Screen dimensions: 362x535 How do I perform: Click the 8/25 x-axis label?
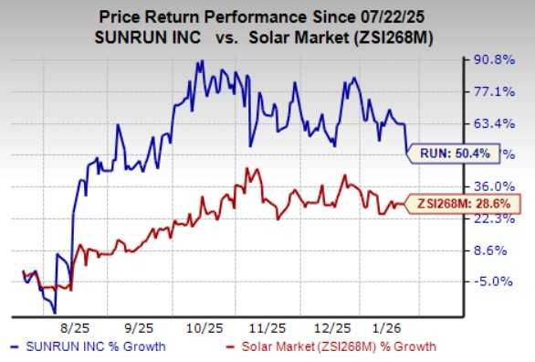coord(73,325)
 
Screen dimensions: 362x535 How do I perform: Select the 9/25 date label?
coord(142,325)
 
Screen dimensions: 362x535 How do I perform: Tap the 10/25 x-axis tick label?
coord(210,325)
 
